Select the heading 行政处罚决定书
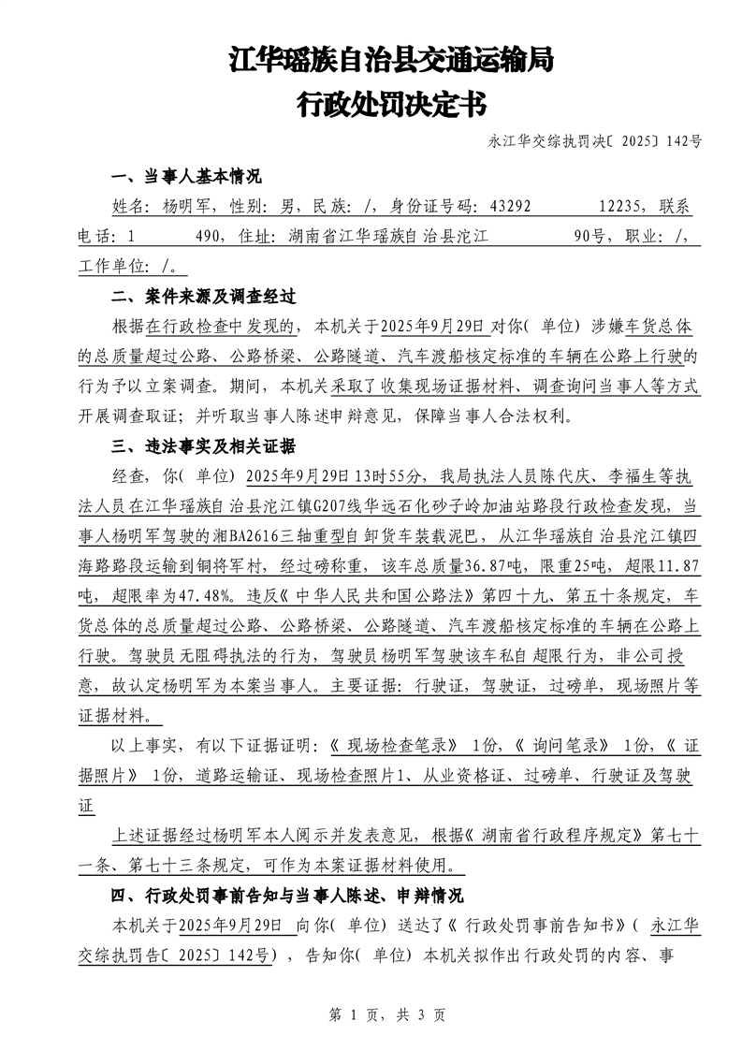coord(391,103)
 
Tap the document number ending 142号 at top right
coord(595,141)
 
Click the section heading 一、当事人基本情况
coord(186,176)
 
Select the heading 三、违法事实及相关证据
coord(203,445)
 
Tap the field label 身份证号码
coord(430,207)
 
